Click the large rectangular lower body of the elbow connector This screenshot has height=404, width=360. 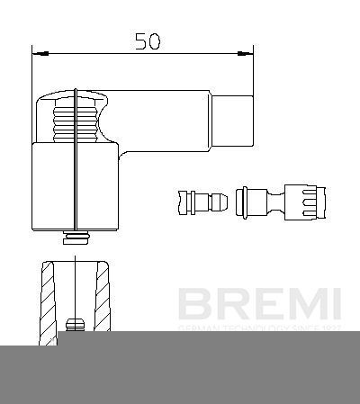pyautogui.click(x=76, y=186)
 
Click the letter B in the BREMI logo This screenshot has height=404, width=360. pyautogui.click(x=192, y=304)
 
